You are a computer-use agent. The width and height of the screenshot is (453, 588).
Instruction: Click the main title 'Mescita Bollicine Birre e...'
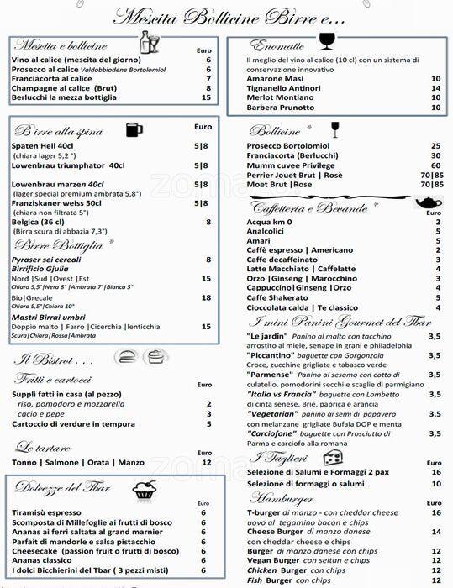click(x=229, y=17)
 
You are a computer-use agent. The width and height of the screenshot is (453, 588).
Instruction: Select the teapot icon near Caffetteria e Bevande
click(x=429, y=203)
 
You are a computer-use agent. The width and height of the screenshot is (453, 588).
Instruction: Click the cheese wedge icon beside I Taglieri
click(x=334, y=458)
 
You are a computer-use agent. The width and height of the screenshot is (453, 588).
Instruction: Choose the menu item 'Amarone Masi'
click(x=276, y=78)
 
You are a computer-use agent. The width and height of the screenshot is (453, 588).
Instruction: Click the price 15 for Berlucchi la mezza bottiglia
click(x=207, y=97)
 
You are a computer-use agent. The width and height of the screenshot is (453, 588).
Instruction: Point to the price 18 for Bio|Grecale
click(x=207, y=297)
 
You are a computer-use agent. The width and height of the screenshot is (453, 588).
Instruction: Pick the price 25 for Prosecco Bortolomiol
click(x=435, y=145)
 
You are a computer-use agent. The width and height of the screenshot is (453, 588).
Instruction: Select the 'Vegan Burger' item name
click(x=273, y=560)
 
